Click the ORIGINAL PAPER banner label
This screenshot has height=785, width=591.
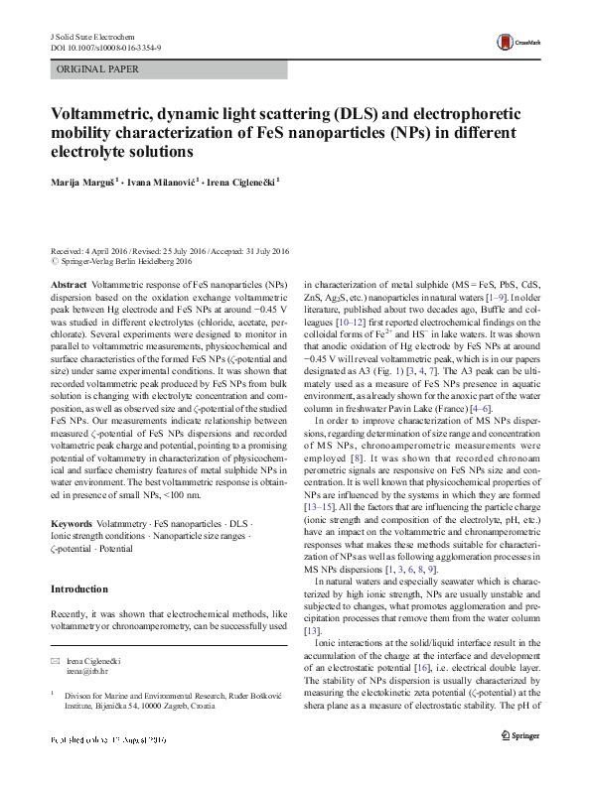click(98, 69)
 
